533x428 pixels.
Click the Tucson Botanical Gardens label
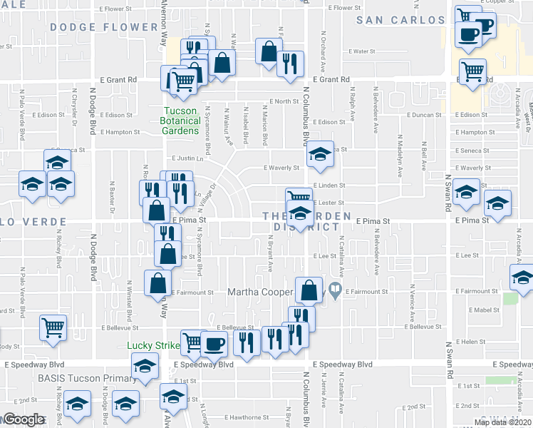pyautogui.click(x=181, y=121)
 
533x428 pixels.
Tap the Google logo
pyautogui.click(x=23, y=419)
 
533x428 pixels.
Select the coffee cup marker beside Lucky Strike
pyautogui.click(x=214, y=344)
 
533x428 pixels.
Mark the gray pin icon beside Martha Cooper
pyautogui.click(x=341, y=290)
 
